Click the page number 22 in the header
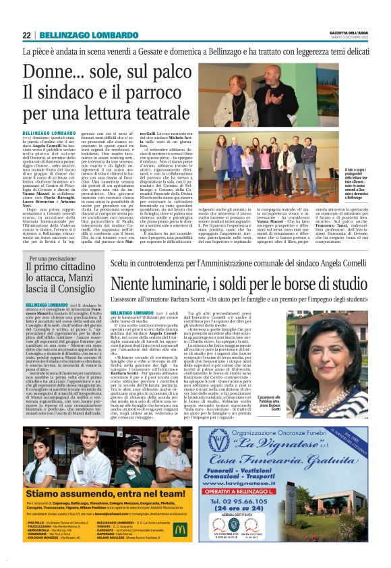26,35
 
